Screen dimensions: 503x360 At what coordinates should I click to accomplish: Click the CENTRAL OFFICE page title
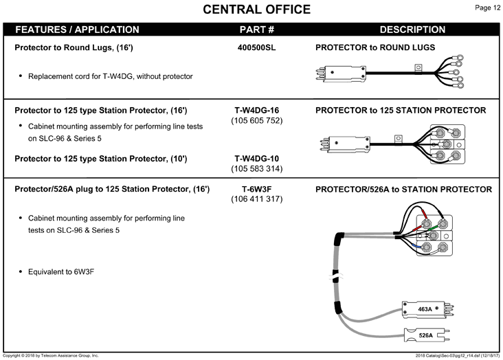click(x=256, y=10)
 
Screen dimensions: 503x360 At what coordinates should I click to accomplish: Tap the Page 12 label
click(x=487, y=8)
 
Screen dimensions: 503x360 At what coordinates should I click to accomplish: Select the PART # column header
click(x=256, y=30)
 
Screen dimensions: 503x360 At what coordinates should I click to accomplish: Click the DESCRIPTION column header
click(x=412, y=30)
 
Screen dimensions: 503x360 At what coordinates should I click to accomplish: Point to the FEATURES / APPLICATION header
click(x=78, y=30)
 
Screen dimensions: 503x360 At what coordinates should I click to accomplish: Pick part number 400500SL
click(x=256, y=47)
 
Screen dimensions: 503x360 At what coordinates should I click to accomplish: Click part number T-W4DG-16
click(x=256, y=111)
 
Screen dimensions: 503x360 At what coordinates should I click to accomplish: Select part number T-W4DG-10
click(x=256, y=159)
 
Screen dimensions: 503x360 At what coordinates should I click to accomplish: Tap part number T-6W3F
click(x=256, y=189)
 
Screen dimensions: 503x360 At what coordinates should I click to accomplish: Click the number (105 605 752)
click(x=256, y=121)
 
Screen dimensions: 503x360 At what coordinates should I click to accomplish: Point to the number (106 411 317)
click(x=256, y=199)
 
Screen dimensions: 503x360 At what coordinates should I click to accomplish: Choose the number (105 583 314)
click(x=256, y=169)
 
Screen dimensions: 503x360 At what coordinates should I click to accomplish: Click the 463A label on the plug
click(x=425, y=309)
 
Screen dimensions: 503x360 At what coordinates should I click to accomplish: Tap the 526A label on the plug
click(x=425, y=335)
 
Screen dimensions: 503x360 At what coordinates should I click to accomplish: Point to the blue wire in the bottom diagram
click(x=416, y=246)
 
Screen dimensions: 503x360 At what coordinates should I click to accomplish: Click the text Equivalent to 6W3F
click(x=61, y=272)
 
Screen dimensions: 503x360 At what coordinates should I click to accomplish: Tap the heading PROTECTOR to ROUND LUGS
click(x=375, y=47)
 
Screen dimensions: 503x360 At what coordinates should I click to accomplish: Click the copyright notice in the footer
click(x=51, y=355)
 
